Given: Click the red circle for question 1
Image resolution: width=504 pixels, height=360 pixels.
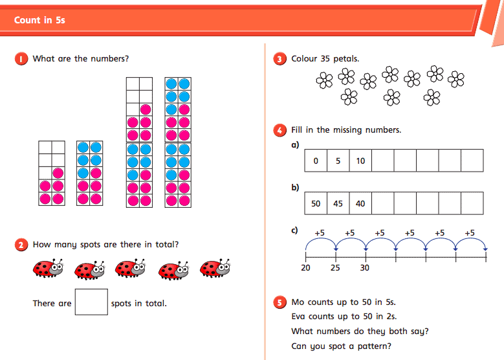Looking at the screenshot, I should tap(21, 59).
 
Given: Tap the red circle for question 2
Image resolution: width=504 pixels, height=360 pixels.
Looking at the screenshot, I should tap(21, 245).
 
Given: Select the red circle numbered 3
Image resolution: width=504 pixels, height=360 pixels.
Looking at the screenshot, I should tap(280, 59).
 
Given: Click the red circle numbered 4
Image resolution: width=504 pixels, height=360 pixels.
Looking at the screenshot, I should tap(280, 130).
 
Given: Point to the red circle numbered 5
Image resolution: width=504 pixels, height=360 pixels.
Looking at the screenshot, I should tap(280, 302).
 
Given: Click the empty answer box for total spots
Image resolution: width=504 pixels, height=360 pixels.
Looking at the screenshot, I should tap(91, 302).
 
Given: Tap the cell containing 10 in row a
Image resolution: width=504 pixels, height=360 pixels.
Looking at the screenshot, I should tap(360, 161).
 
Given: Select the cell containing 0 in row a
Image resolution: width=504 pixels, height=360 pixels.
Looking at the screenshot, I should tap(316, 161).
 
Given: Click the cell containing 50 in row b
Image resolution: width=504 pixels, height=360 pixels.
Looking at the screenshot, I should tap(316, 203).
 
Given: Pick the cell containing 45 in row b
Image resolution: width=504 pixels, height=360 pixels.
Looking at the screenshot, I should tap(338, 203).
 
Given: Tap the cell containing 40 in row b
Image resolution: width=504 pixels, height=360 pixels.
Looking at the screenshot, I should tap(360, 203).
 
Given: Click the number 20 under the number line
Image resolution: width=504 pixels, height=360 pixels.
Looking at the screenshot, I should tap(305, 268).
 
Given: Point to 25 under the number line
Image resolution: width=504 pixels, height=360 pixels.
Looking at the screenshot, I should tap(335, 268).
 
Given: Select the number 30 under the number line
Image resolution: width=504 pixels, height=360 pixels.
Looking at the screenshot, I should tap(365, 268).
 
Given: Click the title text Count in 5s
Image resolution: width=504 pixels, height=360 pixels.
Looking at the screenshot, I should tap(39, 20).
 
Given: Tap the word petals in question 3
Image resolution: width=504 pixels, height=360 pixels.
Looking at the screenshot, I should tap(346, 59).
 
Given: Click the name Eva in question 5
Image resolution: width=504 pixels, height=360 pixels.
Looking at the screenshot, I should tap(300, 317).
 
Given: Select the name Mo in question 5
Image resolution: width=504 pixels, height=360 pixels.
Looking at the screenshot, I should tap(298, 302).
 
